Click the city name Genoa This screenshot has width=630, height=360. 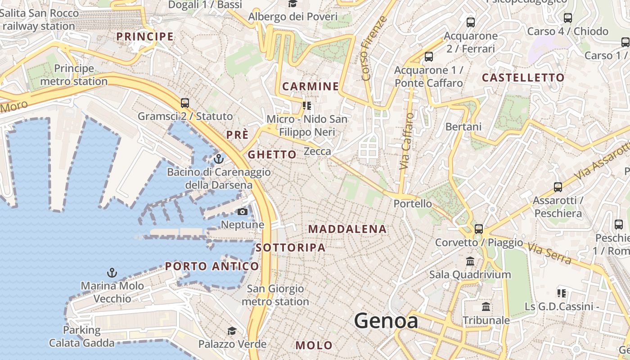tap(386, 321)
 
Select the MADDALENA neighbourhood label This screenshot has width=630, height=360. tap(347, 229)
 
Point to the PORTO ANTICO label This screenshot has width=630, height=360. tap(212, 266)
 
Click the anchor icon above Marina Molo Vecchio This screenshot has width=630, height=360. tap(112, 272)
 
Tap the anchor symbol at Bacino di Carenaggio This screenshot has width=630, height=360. tap(219, 158)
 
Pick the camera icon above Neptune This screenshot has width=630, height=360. tap(243, 211)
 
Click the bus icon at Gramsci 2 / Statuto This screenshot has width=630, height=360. tap(185, 103)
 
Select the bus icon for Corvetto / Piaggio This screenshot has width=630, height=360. tap(479, 229)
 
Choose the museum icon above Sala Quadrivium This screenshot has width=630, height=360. tap(470, 261)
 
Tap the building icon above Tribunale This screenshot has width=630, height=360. tap(486, 307)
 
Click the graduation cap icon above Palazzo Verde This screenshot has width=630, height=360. tap(232, 331)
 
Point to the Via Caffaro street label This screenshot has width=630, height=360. tap(407, 141)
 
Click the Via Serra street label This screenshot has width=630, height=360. tap(549, 253)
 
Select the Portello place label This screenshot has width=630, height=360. tap(413, 203)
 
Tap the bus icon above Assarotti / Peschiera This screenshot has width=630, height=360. tap(558, 187)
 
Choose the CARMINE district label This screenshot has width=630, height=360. tap(310, 86)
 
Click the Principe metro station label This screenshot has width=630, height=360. tap(74, 75)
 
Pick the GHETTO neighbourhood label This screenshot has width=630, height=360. tap(272, 154)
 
